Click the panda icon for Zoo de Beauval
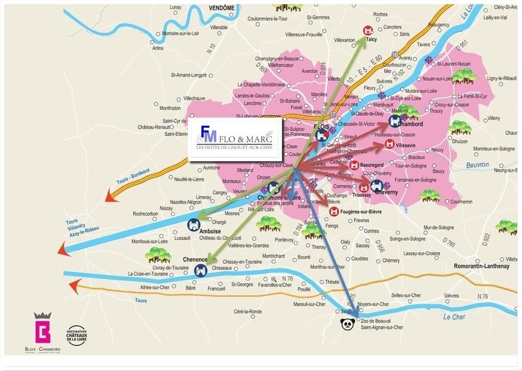(346, 325)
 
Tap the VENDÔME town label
(221, 8)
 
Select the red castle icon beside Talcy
(368, 31)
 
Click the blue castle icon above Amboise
(194, 224)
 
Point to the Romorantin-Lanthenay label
(482, 266)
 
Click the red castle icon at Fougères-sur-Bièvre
(334, 211)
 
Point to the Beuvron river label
(477, 165)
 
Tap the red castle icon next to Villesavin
(389, 144)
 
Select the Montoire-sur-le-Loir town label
(182, 34)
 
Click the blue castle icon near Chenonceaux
(201, 270)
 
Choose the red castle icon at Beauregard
(354, 165)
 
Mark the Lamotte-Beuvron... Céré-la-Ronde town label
(247, 312)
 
